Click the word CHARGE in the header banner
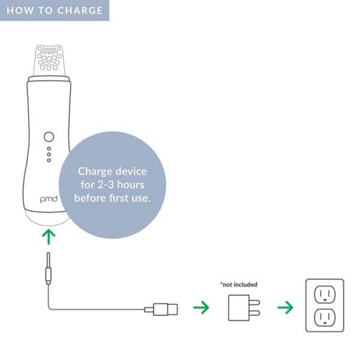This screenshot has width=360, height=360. tap(80, 11)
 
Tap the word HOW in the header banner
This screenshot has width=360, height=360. tap(20, 11)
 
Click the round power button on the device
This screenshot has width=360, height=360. tap(49, 137)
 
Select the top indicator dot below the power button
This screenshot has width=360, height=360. tap(49, 149)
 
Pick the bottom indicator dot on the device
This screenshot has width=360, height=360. tap(49, 160)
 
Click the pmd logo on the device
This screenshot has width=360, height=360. tap(49, 199)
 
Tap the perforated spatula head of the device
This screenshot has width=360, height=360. tap(49, 60)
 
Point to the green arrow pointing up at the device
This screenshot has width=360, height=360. tap(49, 237)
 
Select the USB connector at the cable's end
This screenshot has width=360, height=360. tap(161, 309)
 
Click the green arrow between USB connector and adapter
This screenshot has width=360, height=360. tap(201, 307)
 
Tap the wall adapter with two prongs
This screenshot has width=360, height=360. tap(244, 308)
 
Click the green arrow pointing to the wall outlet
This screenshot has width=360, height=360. tap(286, 307)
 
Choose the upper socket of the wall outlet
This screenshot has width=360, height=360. tap(325, 295)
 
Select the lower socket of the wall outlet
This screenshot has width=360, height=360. tap(325, 317)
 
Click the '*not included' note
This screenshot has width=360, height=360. tap(239, 284)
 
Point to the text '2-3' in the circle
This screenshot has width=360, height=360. tap(106, 185)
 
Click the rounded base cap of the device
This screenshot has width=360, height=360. tap(47, 218)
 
